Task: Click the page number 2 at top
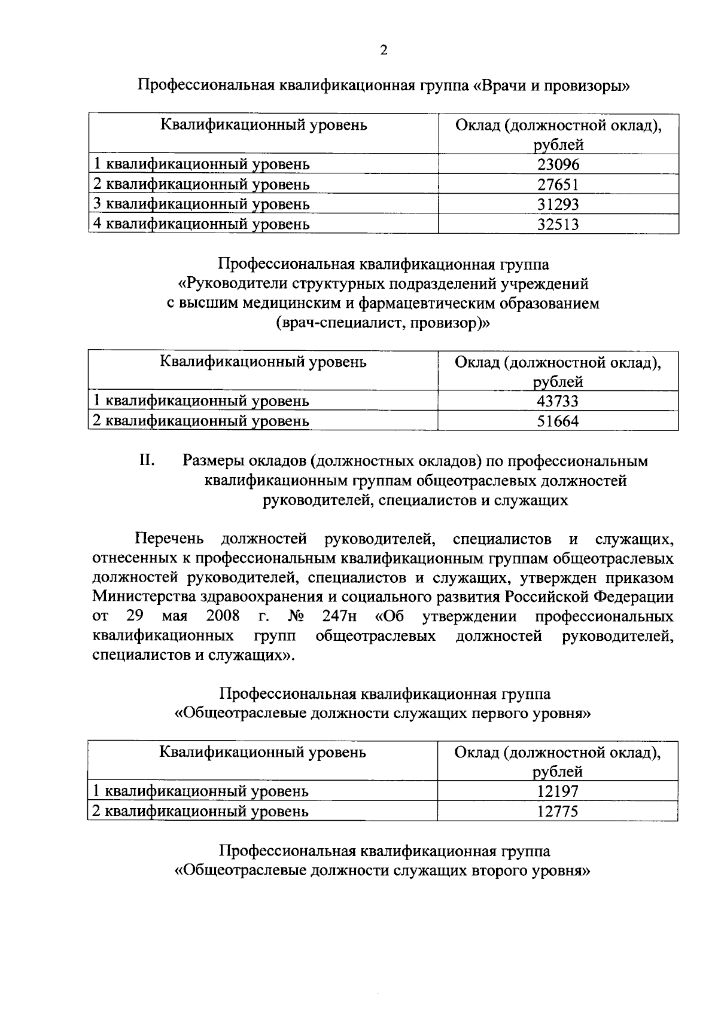point(384,50)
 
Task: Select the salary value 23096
point(558,164)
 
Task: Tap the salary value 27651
point(558,185)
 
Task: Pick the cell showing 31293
point(558,204)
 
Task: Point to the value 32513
point(558,225)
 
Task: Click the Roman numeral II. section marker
point(147,461)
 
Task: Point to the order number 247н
point(339,616)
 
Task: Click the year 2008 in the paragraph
point(223,616)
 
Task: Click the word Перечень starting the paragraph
point(169,540)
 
